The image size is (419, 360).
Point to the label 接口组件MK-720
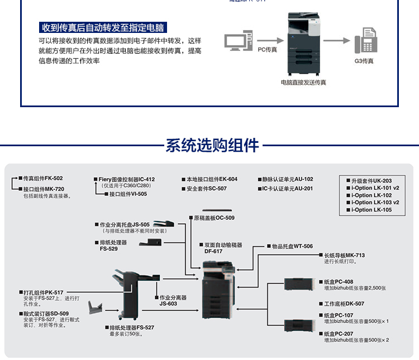click(x=44, y=189)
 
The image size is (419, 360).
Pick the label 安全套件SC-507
click(x=207, y=189)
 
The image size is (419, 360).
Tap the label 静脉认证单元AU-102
click(x=288, y=179)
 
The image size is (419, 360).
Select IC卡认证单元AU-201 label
click(x=288, y=189)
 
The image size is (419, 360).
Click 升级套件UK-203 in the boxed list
click(x=372, y=181)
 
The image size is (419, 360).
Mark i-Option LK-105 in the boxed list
click(x=372, y=210)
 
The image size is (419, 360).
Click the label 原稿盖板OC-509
click(x=214, y=218)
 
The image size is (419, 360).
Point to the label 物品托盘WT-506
click(x=292, y=246)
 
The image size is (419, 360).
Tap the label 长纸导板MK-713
click(x=344, y=255)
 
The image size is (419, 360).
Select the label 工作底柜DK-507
click(x=344, y=304)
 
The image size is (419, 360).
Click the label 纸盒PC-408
click(x=339, y=282)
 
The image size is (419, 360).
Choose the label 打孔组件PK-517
click(x=43, y=292)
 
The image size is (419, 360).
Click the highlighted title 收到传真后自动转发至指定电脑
click(x=104, y=27)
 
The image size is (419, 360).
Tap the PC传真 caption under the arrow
click(x=267, y=50)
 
